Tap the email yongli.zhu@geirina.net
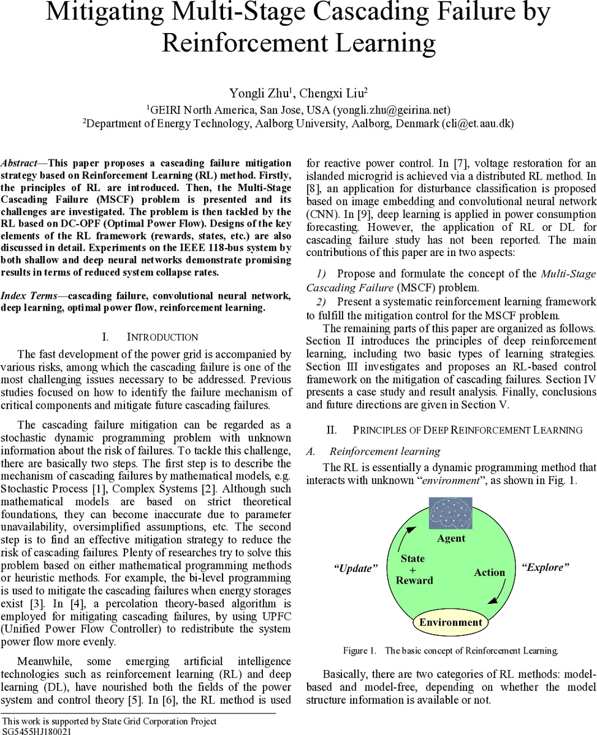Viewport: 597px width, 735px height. point(392,110)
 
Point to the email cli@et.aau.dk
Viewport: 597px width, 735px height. point(477,123)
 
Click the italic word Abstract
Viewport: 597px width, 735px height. point(18,163)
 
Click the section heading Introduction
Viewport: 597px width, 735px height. point(162,337)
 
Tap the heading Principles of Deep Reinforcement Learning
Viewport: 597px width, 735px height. point(468,430)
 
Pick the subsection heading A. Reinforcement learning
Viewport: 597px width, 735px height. point(384,451)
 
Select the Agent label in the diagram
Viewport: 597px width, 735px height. point(451,538)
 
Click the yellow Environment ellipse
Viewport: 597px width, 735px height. point(451,622)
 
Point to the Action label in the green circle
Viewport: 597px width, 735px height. point(489,572)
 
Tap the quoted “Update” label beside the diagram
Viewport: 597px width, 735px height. point(356,568)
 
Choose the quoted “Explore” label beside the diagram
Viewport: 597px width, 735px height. point(545,567)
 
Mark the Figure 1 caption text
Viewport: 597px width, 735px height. point(451,650)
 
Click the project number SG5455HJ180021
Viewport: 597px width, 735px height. point(37,731)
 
